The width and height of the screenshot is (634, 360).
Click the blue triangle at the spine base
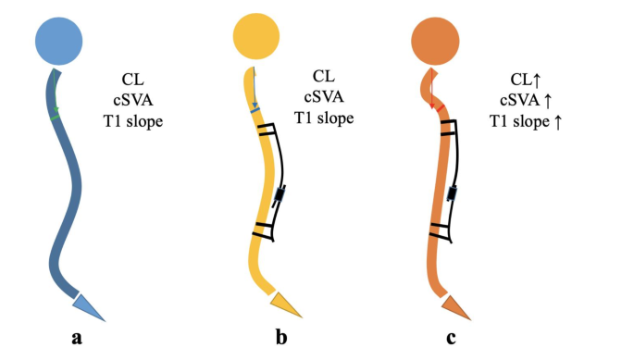[x=90, y=304]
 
